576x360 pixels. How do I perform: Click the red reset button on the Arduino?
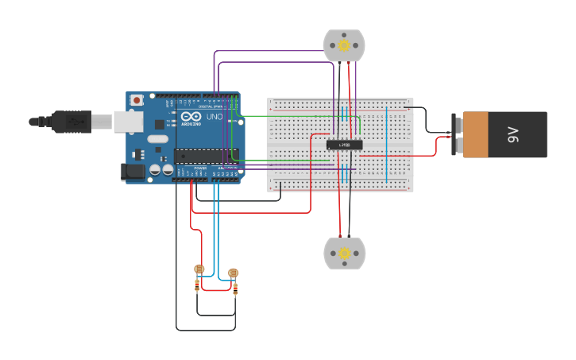click(x=137, y=100)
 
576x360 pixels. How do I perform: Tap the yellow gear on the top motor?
click(x=344, y=45)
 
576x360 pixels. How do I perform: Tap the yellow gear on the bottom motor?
click(x=344, y=253)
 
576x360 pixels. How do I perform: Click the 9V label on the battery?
click(x=513, y=134)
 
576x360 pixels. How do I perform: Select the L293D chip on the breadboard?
click(x=345, y=145)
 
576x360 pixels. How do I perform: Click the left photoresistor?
click(x=199, y=269)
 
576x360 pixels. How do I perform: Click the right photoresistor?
click(x=233, y=273)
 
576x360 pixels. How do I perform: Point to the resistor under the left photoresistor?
click(x=197, y=286)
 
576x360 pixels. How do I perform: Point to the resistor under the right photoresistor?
click(x=235, y=289)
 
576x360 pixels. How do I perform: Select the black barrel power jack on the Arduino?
click(x=132, y=171)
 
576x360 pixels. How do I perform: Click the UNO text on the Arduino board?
click(x=214, y=117)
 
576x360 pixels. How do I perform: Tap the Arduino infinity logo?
click(x=191, y=117)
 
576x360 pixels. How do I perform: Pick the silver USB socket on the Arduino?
click(x=127, y=121)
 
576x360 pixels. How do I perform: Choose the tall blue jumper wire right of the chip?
click(x=387, y=143)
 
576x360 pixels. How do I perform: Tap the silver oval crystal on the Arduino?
click(x=158, y=139)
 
